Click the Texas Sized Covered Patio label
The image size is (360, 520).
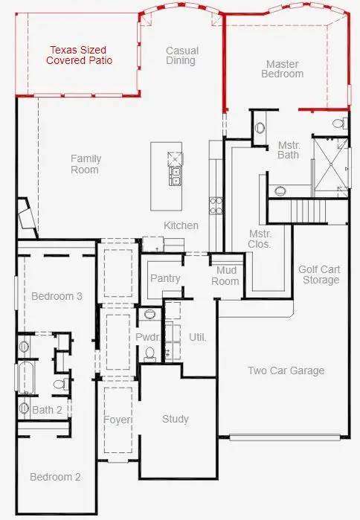click(x=79, y=55)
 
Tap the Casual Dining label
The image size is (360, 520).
click(x=181, y=56)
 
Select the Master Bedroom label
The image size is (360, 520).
click(x=283, y=69)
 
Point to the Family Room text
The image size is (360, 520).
click(x=86, y=164)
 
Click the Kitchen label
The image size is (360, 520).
click(x=181, y=225)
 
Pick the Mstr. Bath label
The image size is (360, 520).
click(x=289, y=150)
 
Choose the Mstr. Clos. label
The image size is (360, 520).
click(x=260, y=239)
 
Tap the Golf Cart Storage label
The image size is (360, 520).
click(x=319, y=275)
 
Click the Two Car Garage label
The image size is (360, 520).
click(x=286, y=371)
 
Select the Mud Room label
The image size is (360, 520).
click(x=226, y=276)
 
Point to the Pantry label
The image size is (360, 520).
click(x=165, y=279)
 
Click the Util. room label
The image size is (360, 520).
click(x=197, y=337)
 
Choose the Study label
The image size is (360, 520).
click(x=176, y=419)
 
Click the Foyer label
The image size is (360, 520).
click(x=117, y=420)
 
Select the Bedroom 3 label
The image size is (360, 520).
click(x=57, y=297)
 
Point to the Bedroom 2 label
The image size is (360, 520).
click(x=55, y=477)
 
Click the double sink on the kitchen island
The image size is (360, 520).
click(x=176, y=176)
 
